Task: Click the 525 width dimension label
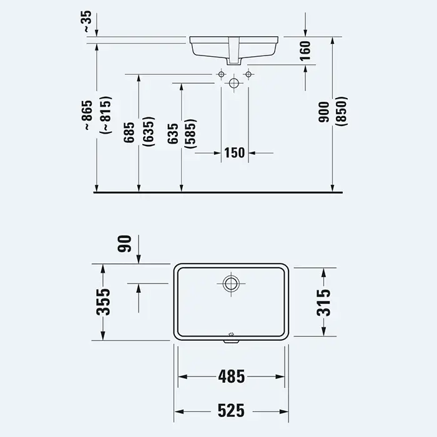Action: [x=231, y=411]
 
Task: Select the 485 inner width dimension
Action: [x=232, y=376]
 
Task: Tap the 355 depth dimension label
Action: [x=103, y=302]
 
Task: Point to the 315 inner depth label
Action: [x=323, y=302]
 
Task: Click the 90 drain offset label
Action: [x=124, y=244]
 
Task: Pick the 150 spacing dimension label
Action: [x=234, y=153]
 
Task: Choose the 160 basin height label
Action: [x=305, y=51]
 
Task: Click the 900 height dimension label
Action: [x=324, y=112]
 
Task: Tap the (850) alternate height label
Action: [x=342, y=112]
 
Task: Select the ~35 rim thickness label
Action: [x=87, y=21]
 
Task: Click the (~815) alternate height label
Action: [x=107, y=114]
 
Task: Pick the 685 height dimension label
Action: [x=129, y=132]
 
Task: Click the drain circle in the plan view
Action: [x=231, y=283]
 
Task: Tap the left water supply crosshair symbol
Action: [x=221, y=74]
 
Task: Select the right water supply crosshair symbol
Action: [x=248, y=74]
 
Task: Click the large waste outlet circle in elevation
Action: [x=234, y=83]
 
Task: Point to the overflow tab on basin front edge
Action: [x=232, y=341]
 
